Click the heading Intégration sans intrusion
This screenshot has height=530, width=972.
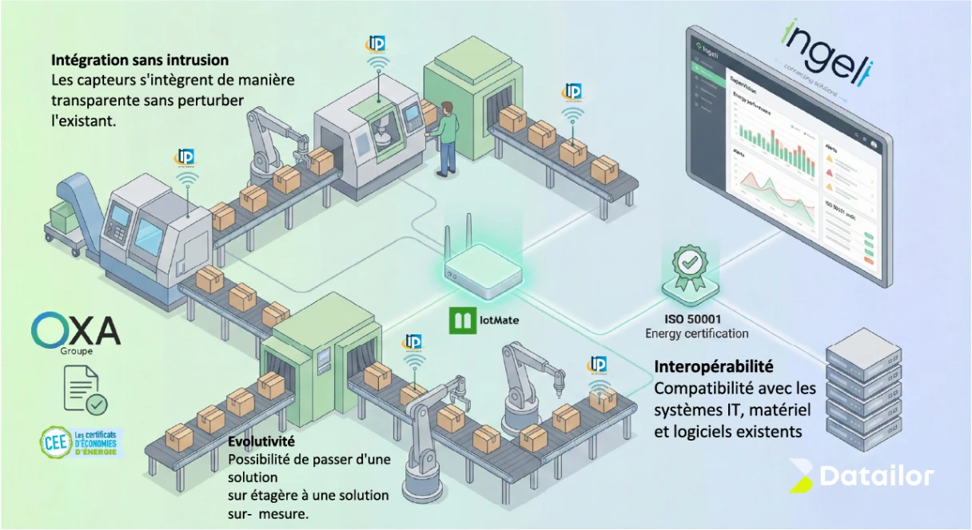(x=140, y=60)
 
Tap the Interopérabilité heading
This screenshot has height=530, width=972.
(x=714, y=367)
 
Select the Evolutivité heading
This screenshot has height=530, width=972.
(x=261, y=441)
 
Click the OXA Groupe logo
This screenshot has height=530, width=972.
(x=75, y=330)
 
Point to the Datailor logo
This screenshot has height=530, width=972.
(x=861, y=477)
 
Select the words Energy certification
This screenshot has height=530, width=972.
(x=696, y=334)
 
